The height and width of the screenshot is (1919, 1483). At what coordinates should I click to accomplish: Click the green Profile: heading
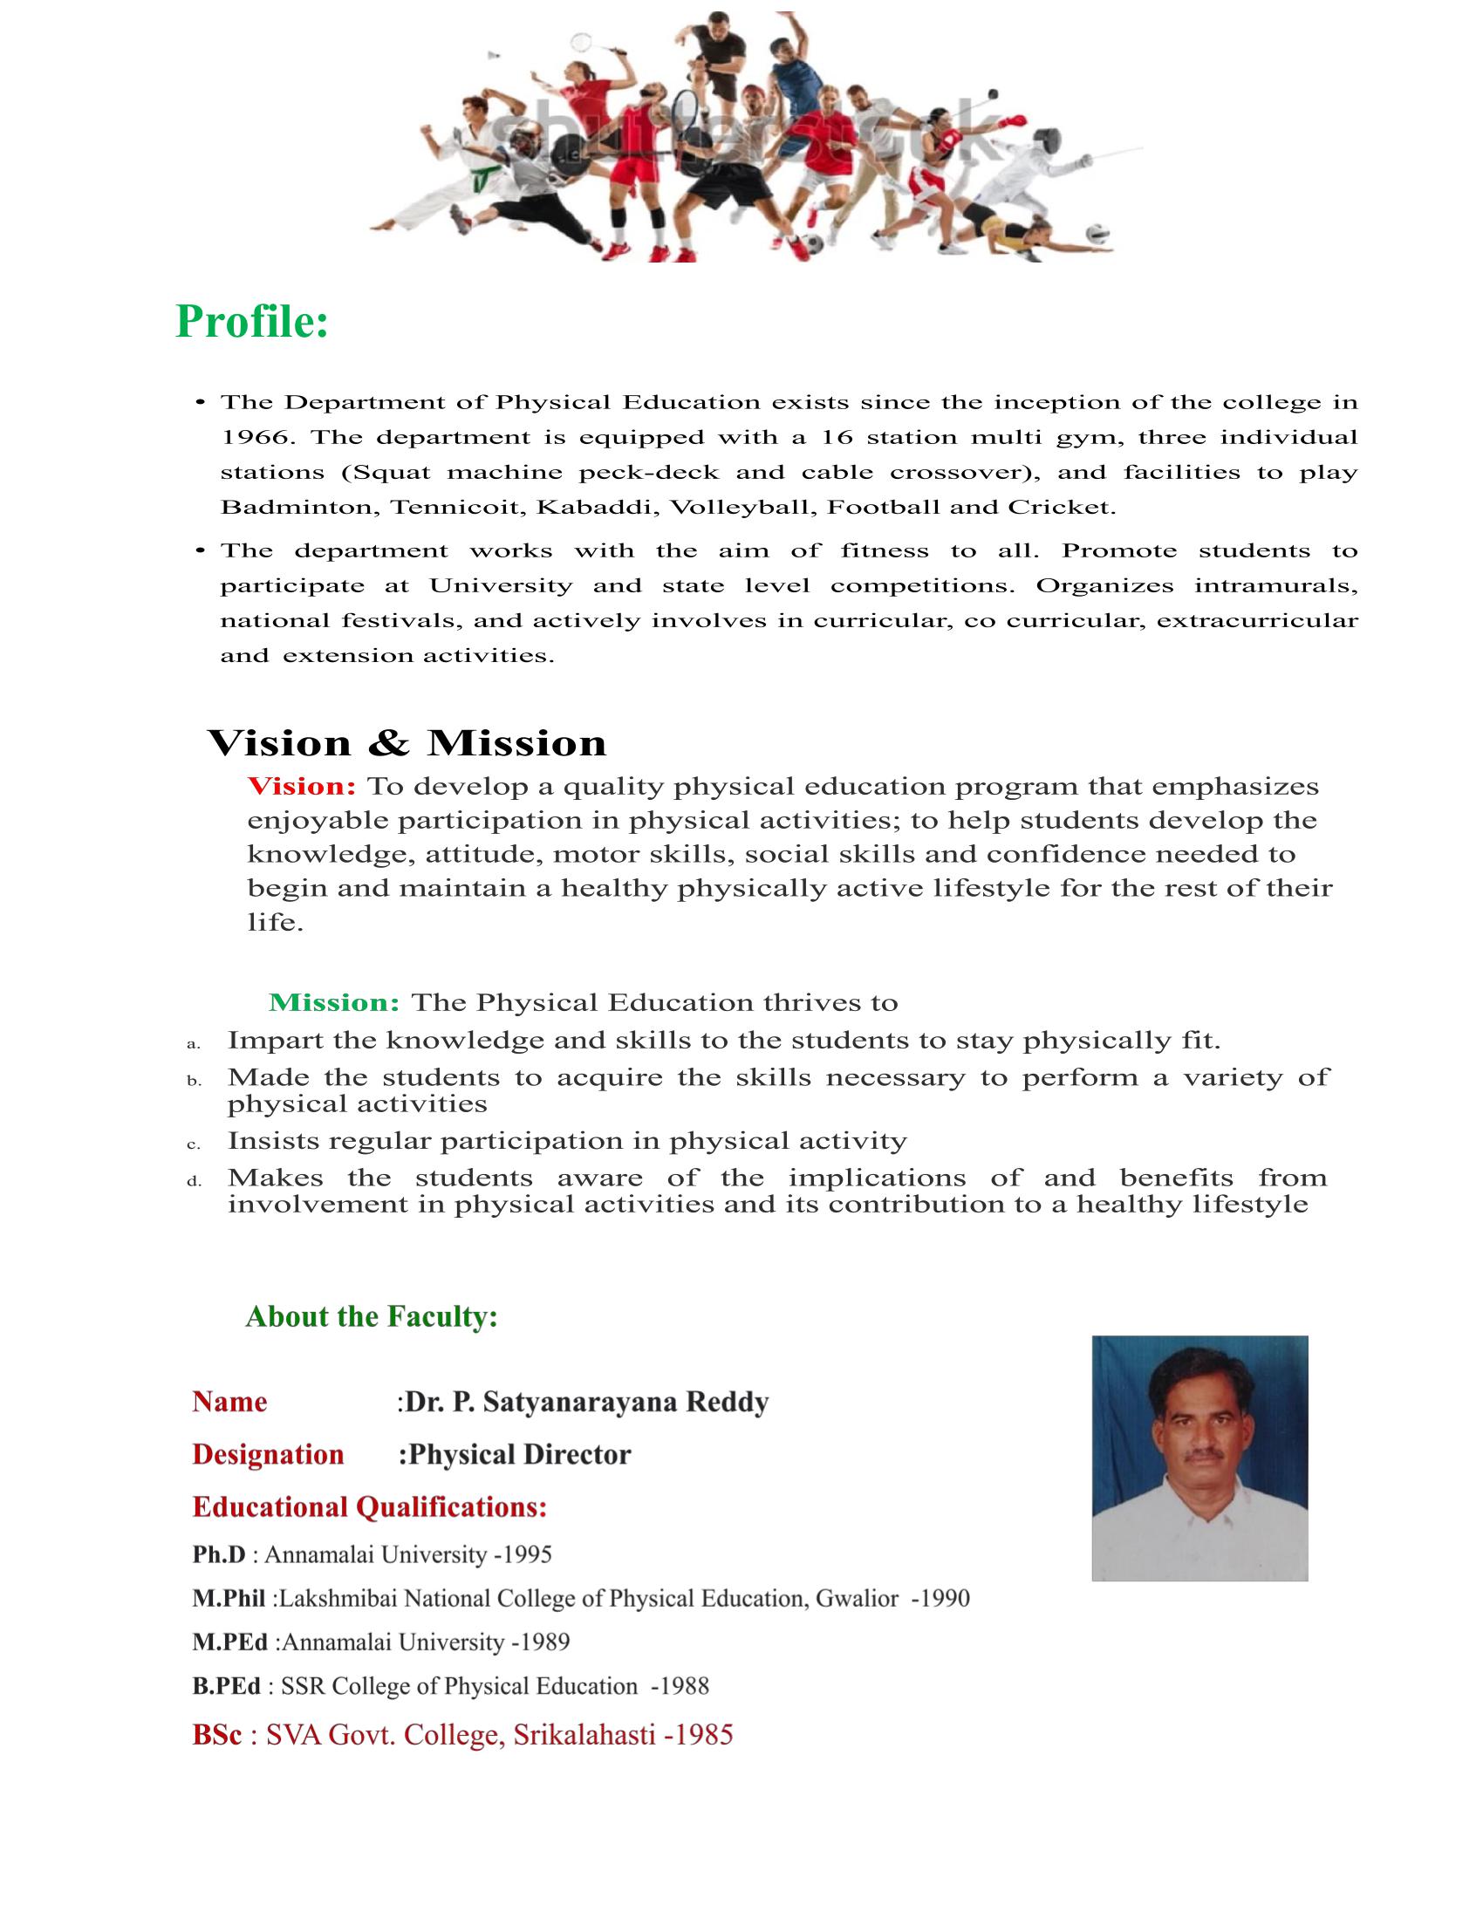click(252, 322)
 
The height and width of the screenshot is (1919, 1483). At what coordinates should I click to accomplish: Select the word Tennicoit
click(455, 508)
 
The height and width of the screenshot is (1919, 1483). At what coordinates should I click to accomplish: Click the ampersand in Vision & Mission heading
click(388, 744)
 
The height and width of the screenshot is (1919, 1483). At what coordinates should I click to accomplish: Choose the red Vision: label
click(301, 787)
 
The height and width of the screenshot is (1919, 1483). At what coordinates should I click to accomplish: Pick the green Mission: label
click(334, 1002)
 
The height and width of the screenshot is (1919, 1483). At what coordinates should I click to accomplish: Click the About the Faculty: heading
click(372, 1316)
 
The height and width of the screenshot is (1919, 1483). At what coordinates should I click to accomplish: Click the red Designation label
click(268, 1454)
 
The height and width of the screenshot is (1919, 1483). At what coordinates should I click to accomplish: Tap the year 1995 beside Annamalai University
click(527, 1554)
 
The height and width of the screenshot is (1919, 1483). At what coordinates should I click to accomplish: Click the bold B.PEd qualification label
click(227, 1686)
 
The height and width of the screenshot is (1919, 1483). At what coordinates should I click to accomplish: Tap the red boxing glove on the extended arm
click(1012, 122)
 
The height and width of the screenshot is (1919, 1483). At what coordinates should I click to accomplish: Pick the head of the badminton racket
click(582, 40)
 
